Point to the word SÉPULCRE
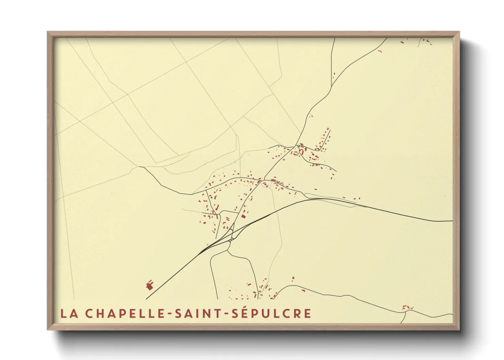(x=271, y=313)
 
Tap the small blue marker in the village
(x=299, y=146)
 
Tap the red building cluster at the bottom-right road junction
(x=406, y=308)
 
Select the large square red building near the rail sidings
(x=243, y=216)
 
